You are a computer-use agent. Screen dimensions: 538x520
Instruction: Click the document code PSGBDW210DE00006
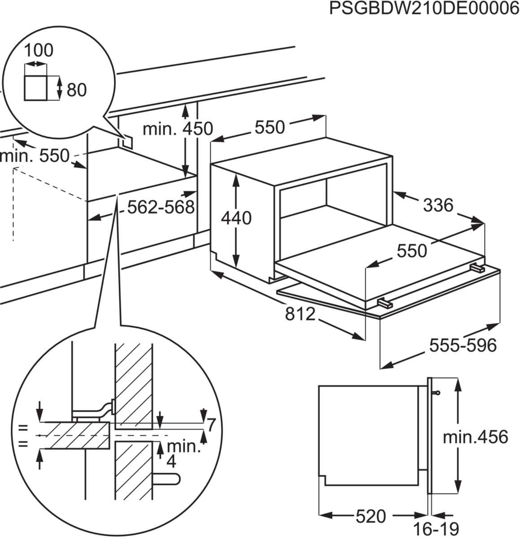pos(424,9)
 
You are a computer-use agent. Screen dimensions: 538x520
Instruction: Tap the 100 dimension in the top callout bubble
pos(38,50)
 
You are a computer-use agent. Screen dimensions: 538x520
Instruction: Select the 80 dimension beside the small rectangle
pos(76,90)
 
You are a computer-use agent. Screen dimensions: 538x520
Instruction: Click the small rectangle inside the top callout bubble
pos(35,88)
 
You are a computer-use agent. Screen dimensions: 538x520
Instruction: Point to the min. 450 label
pos(177,129)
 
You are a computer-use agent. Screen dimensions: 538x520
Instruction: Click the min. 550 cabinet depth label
pos(35,156)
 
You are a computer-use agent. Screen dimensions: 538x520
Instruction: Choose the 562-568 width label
pos(161,207)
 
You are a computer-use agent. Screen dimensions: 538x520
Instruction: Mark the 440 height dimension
pos(236,218)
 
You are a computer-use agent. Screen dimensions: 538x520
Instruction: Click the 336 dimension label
pos(438,205)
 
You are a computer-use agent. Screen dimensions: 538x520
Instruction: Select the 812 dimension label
pos(301,314)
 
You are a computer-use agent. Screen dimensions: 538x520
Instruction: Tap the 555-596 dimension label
pos(463,345)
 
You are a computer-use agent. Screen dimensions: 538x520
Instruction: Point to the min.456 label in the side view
pos(475,436)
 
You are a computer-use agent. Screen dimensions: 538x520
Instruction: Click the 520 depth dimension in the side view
pos(371,516)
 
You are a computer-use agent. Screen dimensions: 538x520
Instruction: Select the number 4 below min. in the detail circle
pos(171,460)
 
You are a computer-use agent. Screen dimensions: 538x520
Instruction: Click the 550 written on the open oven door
pos(412,251)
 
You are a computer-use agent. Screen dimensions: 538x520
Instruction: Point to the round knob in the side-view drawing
pos(437,393)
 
